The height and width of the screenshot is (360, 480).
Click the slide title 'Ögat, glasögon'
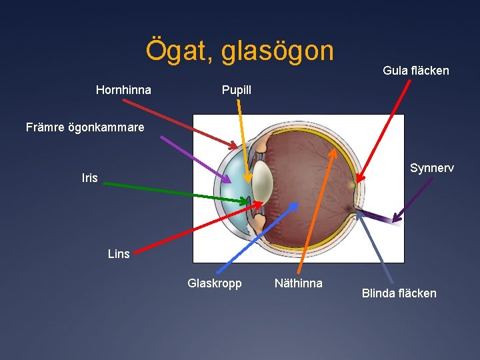[x=240, y=51]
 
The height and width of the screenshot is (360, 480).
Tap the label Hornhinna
[x=123, y=89]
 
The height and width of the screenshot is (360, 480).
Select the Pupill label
[x=237, y=89]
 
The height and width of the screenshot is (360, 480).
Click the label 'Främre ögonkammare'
[x=85, y=127]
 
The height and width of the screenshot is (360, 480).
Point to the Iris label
[x=89, y=178]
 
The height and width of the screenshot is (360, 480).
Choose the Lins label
[x=119, y=253]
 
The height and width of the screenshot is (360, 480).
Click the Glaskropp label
[x=215, y=283]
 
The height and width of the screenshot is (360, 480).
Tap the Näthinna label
[x=298, y=283]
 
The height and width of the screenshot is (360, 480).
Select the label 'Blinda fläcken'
[x=399, y=293]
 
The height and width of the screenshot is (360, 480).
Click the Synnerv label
[x=431, y=168]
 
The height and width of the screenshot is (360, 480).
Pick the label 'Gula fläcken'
[x=415, y=70]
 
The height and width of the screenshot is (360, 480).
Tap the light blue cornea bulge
[x=230, y=177]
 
